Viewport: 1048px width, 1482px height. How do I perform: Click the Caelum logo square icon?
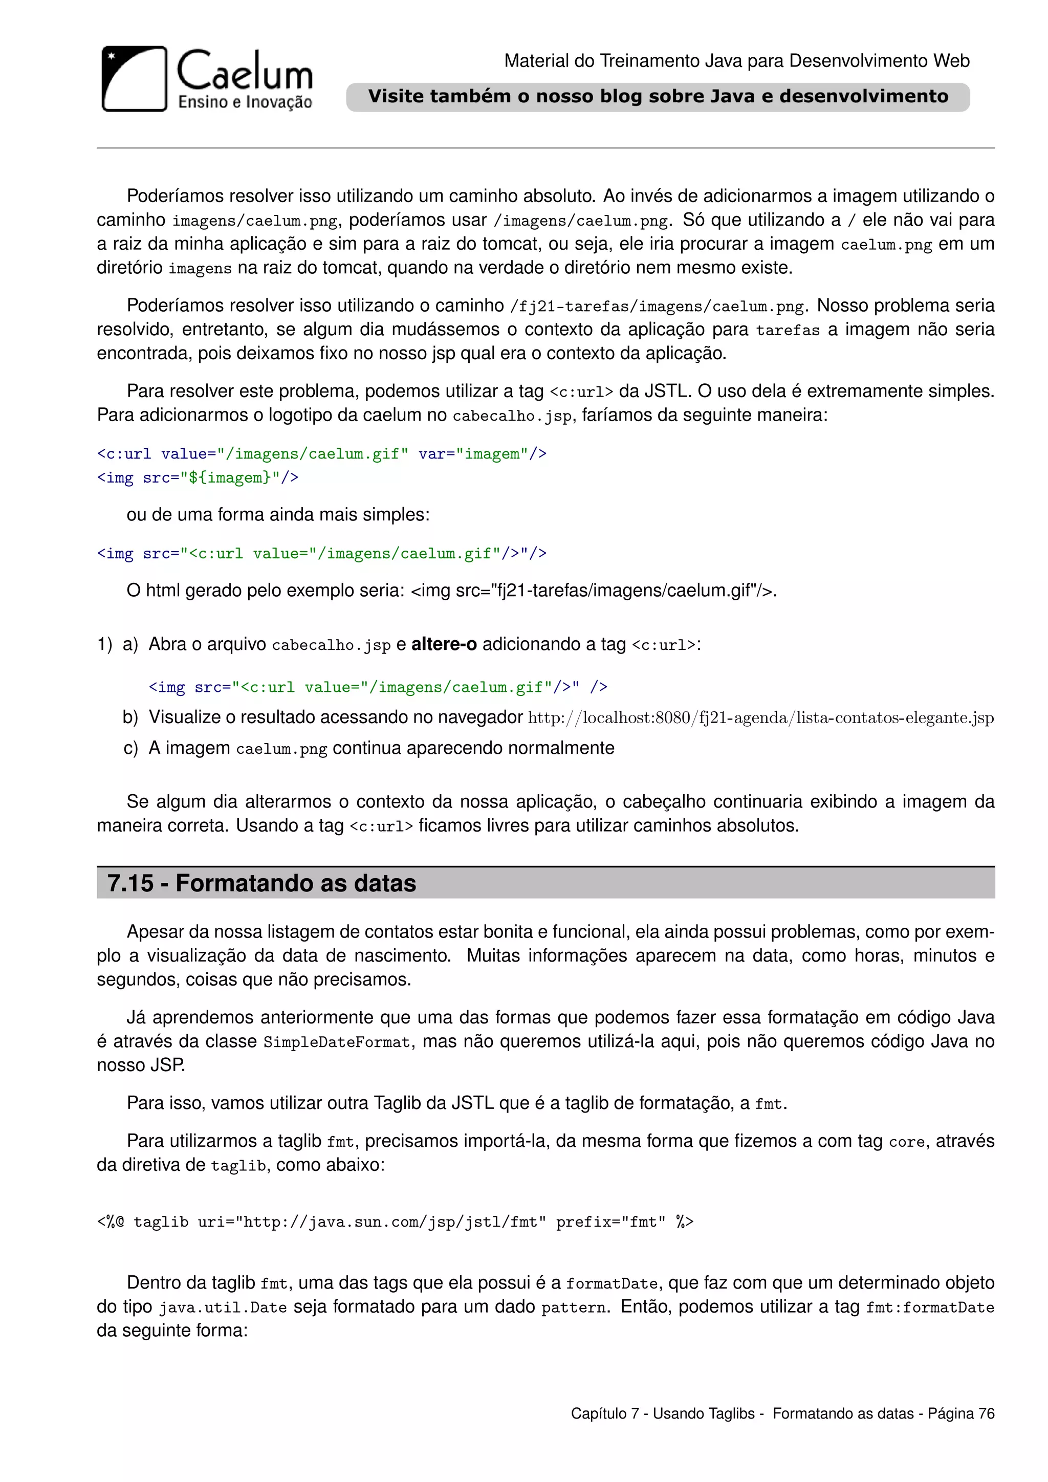pyautogui.click(x=134, y=79)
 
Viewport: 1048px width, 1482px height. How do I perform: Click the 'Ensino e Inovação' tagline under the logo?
pyautogui.click(x=245, y=102)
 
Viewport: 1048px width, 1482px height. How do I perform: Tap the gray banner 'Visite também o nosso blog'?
pyautogui.click(x=658, y=97)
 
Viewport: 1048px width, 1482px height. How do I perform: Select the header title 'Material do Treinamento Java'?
pyautogui.click(x=736, y=61)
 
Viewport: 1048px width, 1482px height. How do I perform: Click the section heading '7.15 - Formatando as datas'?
pyautogui.click(x=261, y=882)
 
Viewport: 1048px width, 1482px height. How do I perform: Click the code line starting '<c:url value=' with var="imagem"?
pyautogui.click(x=321, y=454)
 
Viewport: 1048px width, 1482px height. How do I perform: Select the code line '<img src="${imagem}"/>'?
pyautogui.click(x=198, y=477)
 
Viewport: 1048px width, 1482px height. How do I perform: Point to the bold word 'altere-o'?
pyautogui.click(x=444, y=644)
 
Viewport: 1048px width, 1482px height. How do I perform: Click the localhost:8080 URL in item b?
pyautogui.click(x=760, y=718)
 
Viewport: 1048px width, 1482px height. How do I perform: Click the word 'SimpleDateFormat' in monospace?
pyautogui.click(x=336, y=1042)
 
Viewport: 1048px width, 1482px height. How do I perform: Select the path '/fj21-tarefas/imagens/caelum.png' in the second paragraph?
pyautogui.click(x=658, y=306)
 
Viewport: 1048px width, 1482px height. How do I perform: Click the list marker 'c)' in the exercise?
pyautogui.click(x=130, y=748)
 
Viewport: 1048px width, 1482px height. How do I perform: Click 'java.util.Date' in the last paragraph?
pyautogui.click(x=223, y=1307)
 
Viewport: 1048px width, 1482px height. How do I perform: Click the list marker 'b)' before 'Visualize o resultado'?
pyautogui.click(x=130, y=717)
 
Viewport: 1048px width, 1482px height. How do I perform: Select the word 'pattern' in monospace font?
pyautogui.click(x=574, y=1307)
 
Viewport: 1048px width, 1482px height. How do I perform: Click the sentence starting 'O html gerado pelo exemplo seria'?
pyautogui.click(x=452, y=590)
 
